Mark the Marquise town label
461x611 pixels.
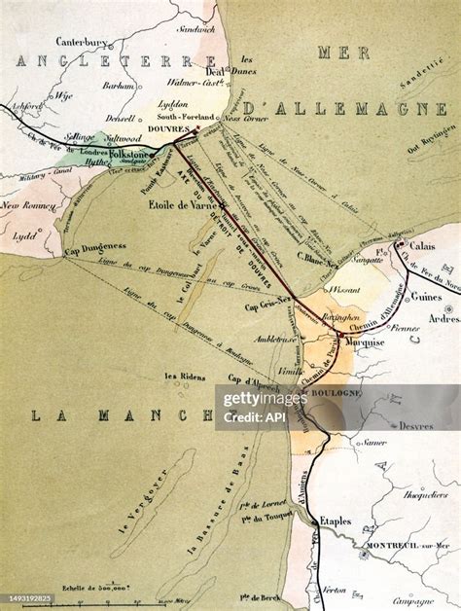coord(361,341)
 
